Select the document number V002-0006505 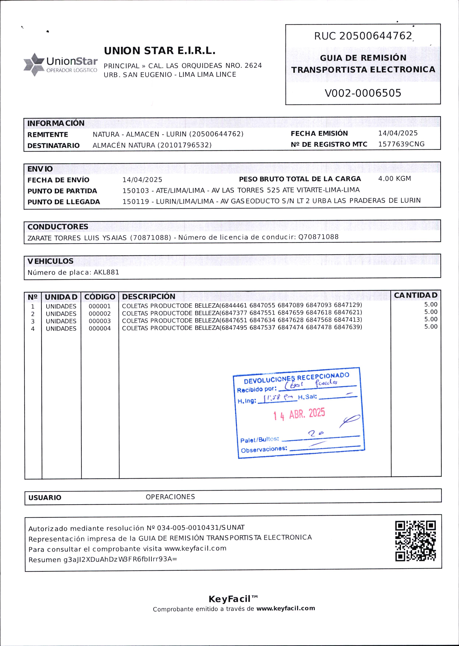click(x=363, y=93)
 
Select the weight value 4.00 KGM click(x=395, y=179)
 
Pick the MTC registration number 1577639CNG click(x=401, y=144)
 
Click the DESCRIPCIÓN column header click(x=149, y=296)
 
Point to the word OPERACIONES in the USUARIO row click(x=170, y=497)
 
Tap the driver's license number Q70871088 click(x=318, y=237)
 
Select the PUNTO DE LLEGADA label click(x=64, y=202)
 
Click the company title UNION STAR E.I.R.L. click(x=160, y=51)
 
